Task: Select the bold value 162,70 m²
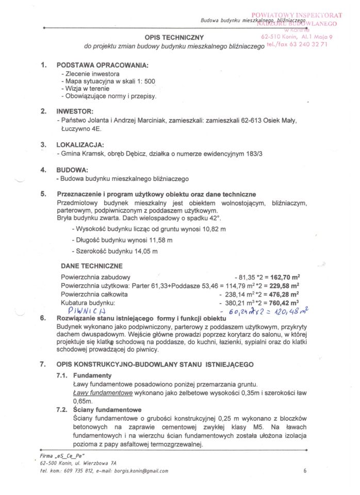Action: (286, 276)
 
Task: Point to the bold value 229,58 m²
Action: (286, 285)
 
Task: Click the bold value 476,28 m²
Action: (286, 294)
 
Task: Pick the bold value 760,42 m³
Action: (286, 303)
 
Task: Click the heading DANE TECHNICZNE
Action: (91, 266)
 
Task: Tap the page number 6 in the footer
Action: (305, 470)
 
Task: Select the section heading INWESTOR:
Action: (75, 111)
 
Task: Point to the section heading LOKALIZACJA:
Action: (80, 145)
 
